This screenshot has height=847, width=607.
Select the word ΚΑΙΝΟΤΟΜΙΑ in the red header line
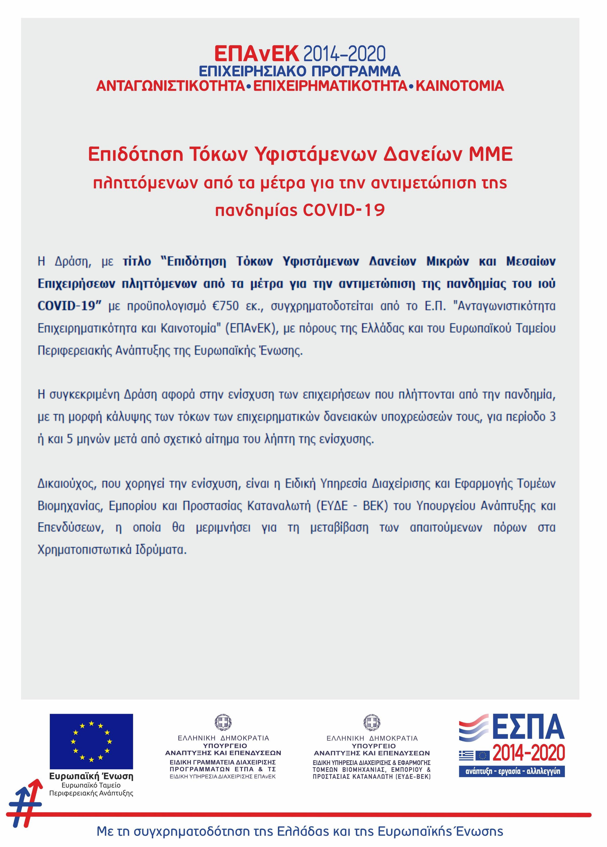point(460,86)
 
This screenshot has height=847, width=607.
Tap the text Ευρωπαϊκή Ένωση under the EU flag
point(91,776)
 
